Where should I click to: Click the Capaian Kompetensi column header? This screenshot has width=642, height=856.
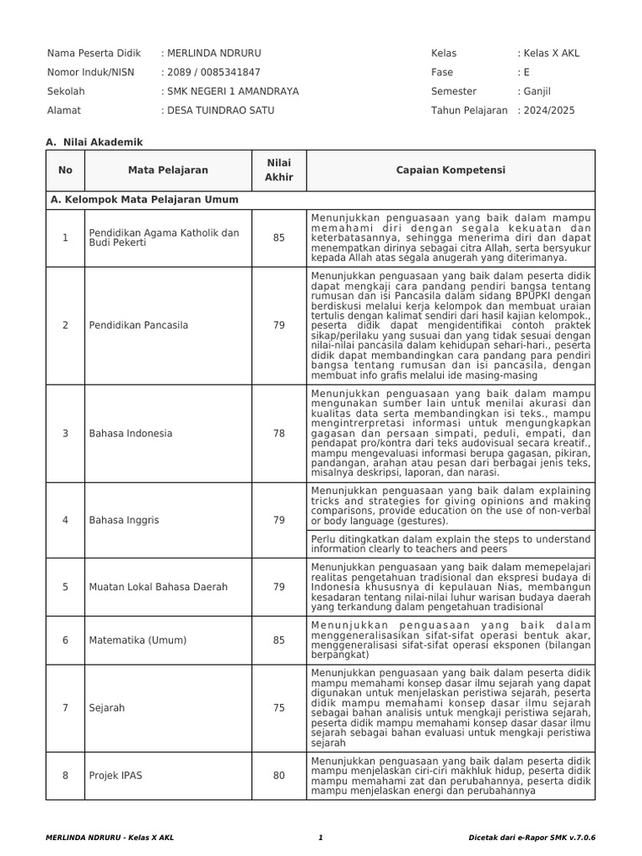pyautogui.click(x=451, y=171)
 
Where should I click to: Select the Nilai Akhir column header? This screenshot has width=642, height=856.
pyautogui.click(x=278, y=171)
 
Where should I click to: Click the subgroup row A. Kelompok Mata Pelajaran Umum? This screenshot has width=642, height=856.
pyautogui.click(x=145, y=200)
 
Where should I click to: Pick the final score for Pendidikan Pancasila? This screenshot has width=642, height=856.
pyautogui.click(x=278, y=325)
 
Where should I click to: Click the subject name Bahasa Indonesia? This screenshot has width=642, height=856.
pyautogui.click(x=130, y=433)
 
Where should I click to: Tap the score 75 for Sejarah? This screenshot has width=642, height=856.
pyautogui.click(x=278, y=707)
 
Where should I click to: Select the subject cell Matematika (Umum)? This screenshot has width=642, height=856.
pyautogui.click(x=138, y=640)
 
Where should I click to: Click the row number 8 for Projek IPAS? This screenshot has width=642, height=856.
pyautogui.click(x=65, y=775)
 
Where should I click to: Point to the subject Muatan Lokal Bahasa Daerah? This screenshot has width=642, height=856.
pyautogui.click(x=158, y=587)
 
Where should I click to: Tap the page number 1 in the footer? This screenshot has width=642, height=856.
pyautogui.click(x=320, y=838)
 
